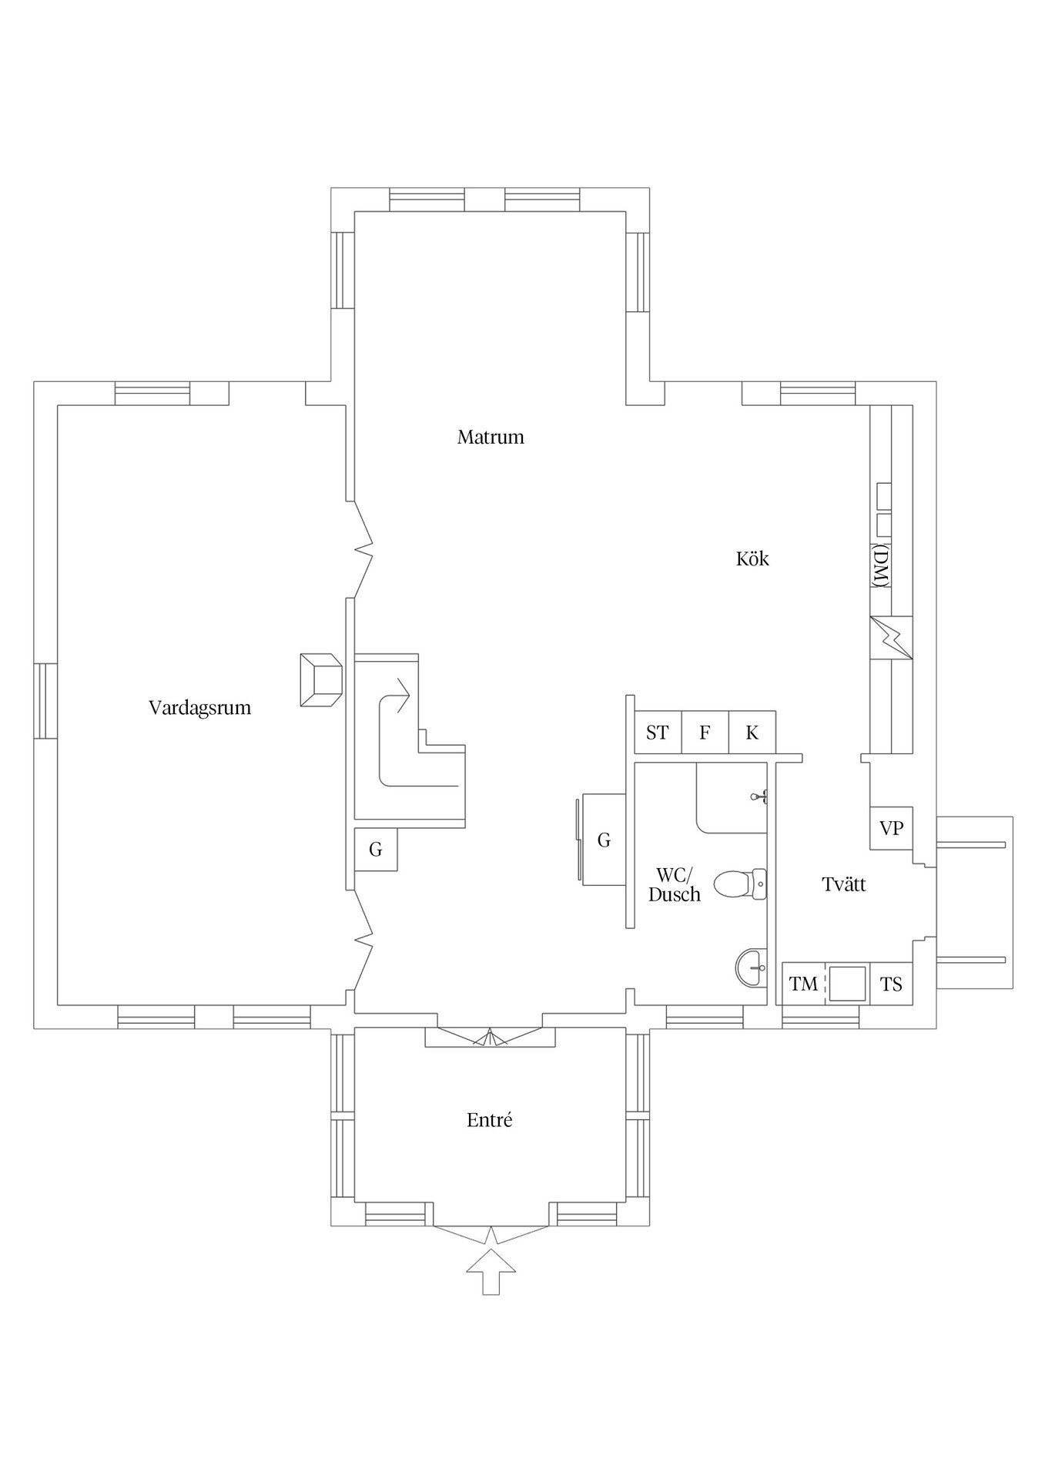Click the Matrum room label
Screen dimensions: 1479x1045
[x=491, y=438]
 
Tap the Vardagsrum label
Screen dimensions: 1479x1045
[x=199, y=708]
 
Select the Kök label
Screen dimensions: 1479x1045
[x=752, y=559]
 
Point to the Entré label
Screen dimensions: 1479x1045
[x=490, y=1121]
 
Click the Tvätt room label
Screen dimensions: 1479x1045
[x=844, y=885]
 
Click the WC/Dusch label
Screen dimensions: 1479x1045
[x=675, y=885]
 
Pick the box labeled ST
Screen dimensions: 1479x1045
[x=658, y=733]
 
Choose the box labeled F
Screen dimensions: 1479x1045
[x=705, y=733]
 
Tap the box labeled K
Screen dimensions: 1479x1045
[x=752, y=733]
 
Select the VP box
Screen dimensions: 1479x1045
[x=891, y=829]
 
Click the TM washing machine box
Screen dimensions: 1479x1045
[x=803, y=984]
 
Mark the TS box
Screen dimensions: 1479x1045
[x=891, y=984]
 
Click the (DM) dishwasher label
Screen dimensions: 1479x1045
[x=882, y=567]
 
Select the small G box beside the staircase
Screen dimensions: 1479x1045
[x=376, y=850]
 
